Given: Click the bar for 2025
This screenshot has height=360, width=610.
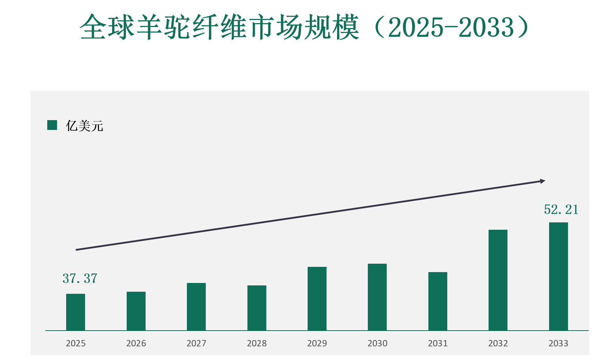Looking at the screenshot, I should [76, 312].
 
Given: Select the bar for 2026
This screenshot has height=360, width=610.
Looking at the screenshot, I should [136, 311].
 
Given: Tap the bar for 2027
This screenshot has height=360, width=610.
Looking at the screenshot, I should [196, 307].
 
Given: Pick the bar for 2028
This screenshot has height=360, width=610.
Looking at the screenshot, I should [257, 308].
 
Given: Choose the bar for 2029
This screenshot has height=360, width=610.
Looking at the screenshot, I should [317, 299].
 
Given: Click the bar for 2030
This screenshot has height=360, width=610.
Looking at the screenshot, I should [377, 297].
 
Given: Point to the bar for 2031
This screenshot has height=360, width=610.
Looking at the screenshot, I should [438, 301].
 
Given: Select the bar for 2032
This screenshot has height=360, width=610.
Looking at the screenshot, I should [498, 280].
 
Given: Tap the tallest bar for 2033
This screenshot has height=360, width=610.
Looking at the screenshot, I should [559, 276].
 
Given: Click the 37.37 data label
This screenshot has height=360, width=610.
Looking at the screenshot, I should [80, 279].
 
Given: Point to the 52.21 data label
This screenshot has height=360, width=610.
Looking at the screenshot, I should [561, 210].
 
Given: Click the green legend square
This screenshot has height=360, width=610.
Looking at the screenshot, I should [52, 125].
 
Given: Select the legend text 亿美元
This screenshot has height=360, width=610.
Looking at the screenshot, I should [85, 126].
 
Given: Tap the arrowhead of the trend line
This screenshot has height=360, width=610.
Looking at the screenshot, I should [542, 181].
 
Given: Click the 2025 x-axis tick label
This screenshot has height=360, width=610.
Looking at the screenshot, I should [76, 344].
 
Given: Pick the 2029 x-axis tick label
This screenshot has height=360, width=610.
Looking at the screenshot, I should [317, 344].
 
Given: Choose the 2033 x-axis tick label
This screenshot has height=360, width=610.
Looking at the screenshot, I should [559, 344].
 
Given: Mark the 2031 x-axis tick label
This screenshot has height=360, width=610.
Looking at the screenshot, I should [438, 344].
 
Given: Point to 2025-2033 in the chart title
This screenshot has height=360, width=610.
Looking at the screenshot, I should [451, 27].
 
